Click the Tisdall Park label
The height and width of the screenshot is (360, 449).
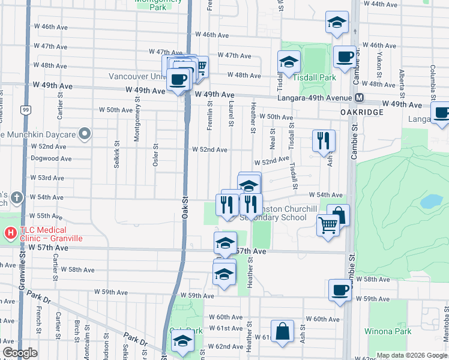(x=318, y=77)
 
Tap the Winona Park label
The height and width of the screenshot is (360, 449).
(x=387, y=331)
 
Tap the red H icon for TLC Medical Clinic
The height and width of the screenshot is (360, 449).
(x=10, y=232)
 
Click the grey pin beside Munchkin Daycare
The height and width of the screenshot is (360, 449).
(x=85, y=134)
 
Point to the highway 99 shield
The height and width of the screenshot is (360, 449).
(x=25, y=110)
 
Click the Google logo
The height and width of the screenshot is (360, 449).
(x=20, y=353)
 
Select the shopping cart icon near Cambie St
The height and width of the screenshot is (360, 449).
(x=328, y=226)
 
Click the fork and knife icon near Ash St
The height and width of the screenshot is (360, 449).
(x=324, y=141)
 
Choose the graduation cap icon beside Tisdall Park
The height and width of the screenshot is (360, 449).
(x=289, y=62)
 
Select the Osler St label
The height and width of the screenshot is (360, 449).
(x=156, y=154)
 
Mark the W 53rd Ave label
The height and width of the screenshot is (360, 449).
(x=49, y=178)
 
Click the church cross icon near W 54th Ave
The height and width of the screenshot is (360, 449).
(x=16, y=197)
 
